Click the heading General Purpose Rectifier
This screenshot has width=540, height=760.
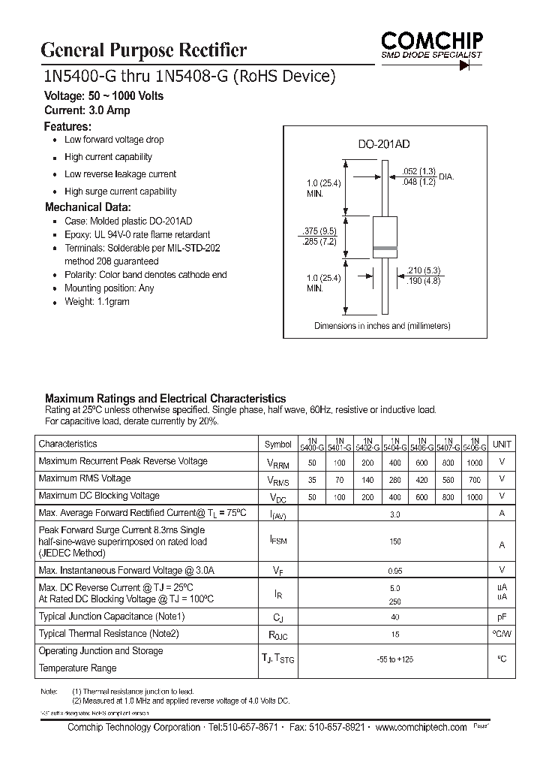[143, 50]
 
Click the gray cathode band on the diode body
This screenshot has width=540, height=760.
[384, 248]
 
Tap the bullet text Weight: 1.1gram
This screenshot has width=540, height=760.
[97, 301]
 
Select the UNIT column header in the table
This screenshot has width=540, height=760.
[502, 444]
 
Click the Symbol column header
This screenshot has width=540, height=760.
[278, 444]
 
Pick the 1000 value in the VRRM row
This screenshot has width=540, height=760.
[474, 463]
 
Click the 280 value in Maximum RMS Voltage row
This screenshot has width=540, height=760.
[394, 480]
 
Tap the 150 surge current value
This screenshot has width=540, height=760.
[394, 541]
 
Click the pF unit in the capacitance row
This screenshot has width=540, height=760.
[502, 617]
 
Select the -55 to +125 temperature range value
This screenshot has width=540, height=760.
[394, 659]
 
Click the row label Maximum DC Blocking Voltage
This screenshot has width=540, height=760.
[99, 496]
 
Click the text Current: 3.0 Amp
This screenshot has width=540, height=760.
[88, 110]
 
